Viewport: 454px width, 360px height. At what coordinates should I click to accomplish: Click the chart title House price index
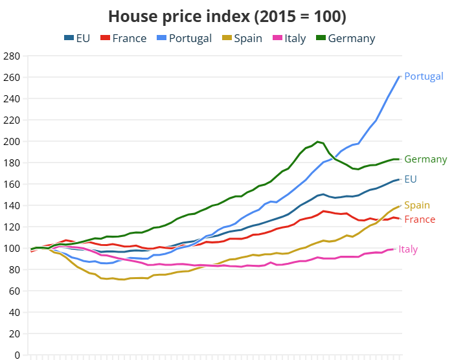pos(227,16)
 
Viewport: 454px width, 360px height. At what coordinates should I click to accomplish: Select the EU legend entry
pos(77,38)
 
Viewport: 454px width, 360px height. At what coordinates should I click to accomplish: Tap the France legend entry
pos(124,38)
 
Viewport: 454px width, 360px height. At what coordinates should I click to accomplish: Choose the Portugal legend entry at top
pos(183,38)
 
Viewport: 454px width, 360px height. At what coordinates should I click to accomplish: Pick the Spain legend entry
pos(241,38)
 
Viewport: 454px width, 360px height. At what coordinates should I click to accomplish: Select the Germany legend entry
pos(345,38)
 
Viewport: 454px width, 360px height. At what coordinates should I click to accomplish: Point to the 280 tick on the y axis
pos(12,56)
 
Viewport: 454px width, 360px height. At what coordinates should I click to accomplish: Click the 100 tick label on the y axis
pos(12,248)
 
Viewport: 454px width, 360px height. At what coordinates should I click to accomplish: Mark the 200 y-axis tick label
pos(12,141)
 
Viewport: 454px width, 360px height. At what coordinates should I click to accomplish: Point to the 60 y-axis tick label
pos(15,291)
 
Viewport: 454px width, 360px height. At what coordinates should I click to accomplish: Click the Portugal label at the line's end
pos(424,76)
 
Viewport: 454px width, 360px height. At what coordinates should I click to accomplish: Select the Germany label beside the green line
pos(426,159)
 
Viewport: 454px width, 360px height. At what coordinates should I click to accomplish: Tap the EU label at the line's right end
pos(410,179)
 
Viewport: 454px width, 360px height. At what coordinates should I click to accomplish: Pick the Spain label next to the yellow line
pos(417,205)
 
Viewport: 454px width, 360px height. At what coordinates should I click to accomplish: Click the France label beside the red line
pos(420,219)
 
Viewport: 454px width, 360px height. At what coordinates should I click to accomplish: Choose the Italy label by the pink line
pos(408,249)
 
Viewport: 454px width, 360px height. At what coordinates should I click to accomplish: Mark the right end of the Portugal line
pos(400,77)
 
